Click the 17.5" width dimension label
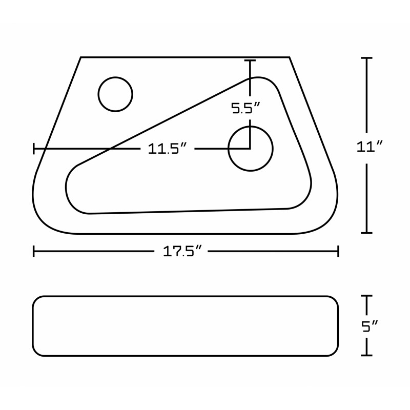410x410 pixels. (x=182, y=251)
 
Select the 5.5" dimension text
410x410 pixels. (x=245, y=108)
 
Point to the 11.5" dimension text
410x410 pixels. (x=168, y=149)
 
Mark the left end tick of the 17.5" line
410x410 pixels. (x=34, y=251)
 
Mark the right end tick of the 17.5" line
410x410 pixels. (x=338, y=251)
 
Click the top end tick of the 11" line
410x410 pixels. (x=366, y=58)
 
